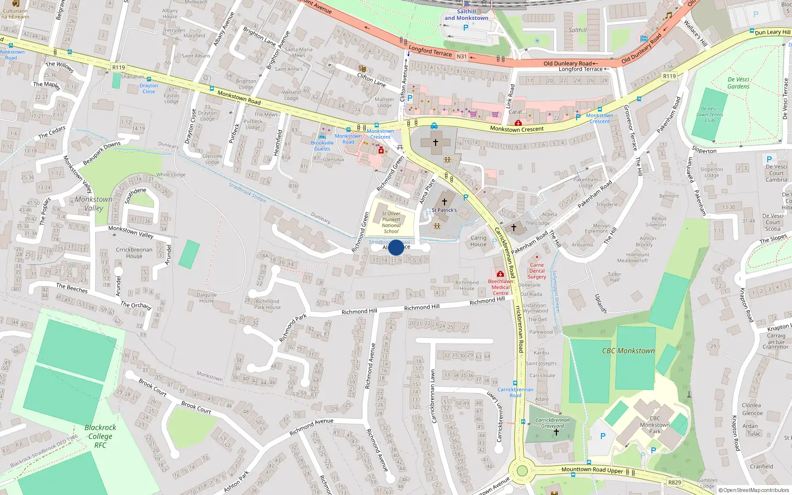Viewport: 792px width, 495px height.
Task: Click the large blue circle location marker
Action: point(396,247)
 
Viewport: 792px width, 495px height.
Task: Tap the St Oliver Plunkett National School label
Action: point(391,222)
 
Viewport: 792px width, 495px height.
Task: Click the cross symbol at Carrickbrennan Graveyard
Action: point(556,432)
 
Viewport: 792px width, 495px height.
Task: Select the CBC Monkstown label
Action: point(628,350)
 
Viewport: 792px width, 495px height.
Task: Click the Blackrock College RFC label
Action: point(100,436)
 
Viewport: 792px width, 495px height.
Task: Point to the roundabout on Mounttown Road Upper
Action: point(522,470)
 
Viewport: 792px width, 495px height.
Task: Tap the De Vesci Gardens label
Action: point(738,83)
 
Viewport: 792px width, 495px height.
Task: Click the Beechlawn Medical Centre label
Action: point(500,287)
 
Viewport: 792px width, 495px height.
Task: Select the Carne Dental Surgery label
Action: point(537,271)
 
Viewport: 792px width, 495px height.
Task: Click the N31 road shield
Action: point(461,56)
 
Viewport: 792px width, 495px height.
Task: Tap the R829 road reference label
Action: point(674,482)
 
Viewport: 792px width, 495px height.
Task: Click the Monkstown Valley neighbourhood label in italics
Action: point(94,203)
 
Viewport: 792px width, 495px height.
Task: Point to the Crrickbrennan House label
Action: point(134,252)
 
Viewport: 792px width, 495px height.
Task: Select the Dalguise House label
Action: point(206,297)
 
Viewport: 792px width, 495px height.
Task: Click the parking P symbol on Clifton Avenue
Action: point(409,98)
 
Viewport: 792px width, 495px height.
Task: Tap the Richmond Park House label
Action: point(267,304)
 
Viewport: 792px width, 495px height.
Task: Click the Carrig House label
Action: point(478,241)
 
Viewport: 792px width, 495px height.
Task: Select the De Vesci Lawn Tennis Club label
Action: point(709,114)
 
